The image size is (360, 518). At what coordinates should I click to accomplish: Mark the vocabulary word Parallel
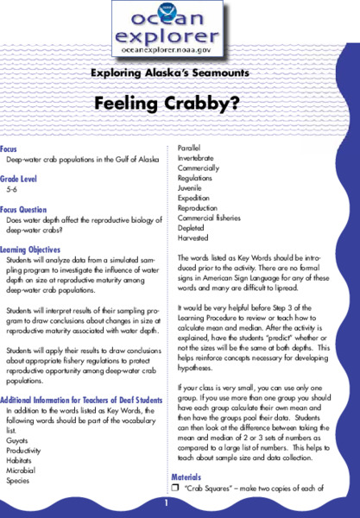tap(191, 148)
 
